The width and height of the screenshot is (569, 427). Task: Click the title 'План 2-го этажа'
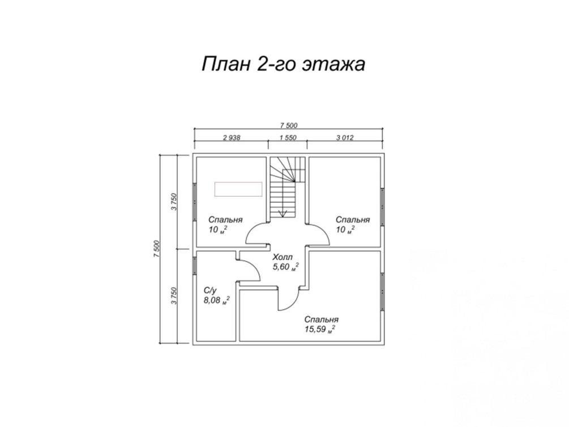[x=283, y=64]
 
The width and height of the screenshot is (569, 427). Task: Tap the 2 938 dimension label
[x=232, y=138]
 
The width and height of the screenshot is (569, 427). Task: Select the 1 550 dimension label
[x=288, y=138]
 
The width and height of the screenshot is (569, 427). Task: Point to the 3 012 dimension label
[x=344, y=138]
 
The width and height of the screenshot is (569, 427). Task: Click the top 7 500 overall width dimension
[x=289, y=126]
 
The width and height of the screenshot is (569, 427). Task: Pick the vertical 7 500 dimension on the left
[x=157, y=249]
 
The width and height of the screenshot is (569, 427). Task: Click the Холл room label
[x=283, y=258]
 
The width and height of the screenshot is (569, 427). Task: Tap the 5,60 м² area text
[x=286, y=267]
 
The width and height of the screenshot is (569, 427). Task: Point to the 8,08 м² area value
[x=217, y=300]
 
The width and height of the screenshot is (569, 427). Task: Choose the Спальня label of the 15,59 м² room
[x=322, y=319]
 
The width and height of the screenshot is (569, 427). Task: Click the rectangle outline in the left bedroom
[x=238, y=189]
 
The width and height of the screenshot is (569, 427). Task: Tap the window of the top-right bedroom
[x=383, y=207]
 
